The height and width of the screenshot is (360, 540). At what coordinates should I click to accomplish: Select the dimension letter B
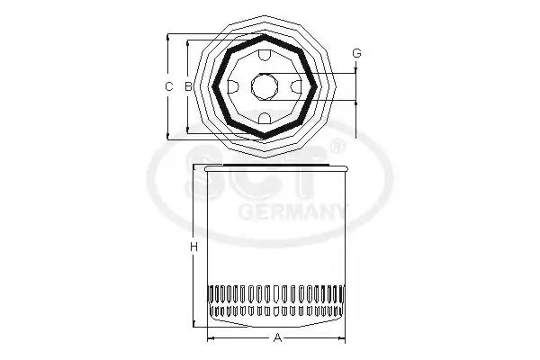pyautogui.click(x=187, y=86)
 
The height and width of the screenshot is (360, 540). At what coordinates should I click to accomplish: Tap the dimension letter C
pyautogui.click(x=169, y=86)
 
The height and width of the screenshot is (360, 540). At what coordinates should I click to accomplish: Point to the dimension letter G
pyautogui.click(x=356, y=55)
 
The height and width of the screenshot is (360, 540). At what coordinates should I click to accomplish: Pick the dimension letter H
pyautogui.click(x=193, y=246)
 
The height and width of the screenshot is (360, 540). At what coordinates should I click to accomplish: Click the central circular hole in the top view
pyautogui.click(x=264, y=86)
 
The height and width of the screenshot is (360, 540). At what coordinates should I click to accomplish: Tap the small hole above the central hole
pyautogui.click(x=264, y=56)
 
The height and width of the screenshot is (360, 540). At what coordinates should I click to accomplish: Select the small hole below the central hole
pyautogui.click(x=264, y=117)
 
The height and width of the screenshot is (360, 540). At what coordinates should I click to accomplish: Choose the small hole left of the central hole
pyautogui.click(x=232, y=86)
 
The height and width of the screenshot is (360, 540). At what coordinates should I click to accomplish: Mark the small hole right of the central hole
pyautogui.click(x=295, y=86)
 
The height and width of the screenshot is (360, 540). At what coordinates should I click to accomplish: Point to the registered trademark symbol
pyautogui.click(x=337, y=144)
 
